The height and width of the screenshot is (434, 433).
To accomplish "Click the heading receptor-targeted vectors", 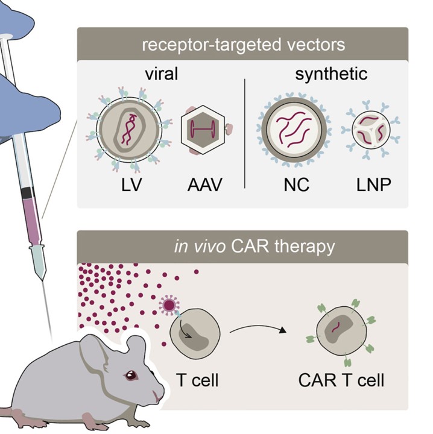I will coord(242,45).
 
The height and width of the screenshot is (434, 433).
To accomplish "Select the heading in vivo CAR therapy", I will coord(242,247).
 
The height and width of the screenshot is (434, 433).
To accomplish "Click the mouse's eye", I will coord(130,376).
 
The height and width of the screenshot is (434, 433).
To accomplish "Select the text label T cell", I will coord(197,381).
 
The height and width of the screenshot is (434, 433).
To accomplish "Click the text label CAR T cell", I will coord(341,381).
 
